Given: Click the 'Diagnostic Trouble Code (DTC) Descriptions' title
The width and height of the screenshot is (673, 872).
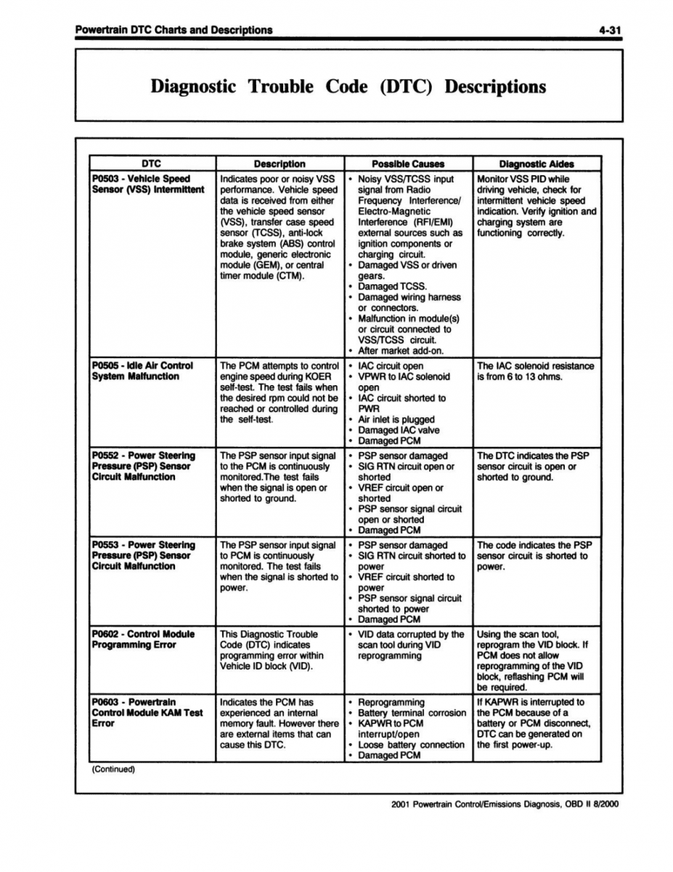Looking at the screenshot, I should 348,86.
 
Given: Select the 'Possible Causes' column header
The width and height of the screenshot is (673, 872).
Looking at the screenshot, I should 408,164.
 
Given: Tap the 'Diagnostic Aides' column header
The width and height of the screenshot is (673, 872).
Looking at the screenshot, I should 537,164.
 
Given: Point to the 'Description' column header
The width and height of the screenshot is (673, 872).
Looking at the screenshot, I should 280,164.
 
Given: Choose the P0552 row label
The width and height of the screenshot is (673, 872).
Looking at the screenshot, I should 142,466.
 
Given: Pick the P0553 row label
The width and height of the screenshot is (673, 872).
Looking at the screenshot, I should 142,555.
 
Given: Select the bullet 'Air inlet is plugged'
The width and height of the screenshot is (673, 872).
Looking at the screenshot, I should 396,419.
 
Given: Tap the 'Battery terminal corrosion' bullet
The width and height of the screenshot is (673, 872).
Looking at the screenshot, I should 412,713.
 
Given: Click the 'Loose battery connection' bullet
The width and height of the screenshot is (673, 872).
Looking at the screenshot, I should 411,745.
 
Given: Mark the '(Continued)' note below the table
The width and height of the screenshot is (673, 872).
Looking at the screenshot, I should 114,769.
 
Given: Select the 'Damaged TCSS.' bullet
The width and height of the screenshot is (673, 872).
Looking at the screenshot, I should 392,286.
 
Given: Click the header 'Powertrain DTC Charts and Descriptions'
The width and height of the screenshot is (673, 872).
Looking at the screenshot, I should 174,30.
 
